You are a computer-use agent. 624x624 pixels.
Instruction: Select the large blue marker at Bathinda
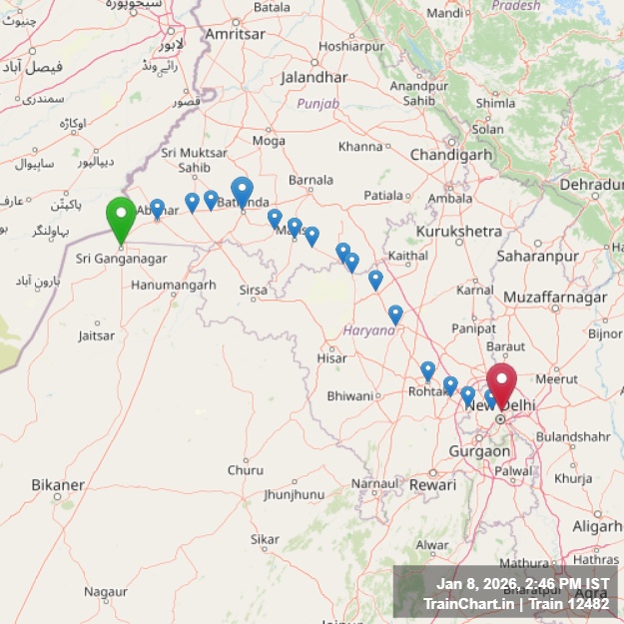point(242,191)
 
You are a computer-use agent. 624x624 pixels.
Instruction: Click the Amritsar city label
point(235,34)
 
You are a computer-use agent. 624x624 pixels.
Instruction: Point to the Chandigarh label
point(451,155)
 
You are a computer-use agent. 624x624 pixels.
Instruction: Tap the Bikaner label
point(58,485)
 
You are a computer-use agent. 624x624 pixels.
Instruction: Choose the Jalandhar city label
point(314,77)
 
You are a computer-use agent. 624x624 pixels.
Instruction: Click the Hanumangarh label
point(173,285)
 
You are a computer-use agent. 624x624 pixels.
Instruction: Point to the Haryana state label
point(370,329)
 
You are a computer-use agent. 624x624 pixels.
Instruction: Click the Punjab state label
point(317,103)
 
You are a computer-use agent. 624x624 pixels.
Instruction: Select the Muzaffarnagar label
point(554,298)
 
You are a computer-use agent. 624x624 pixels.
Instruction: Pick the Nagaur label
point(105,592)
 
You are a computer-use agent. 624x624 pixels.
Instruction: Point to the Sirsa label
point(254,290)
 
